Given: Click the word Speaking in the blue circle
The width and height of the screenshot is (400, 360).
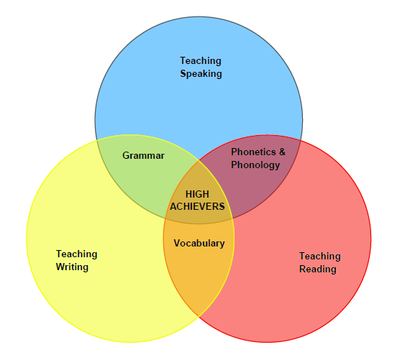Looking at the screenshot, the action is click(x=201, y=74).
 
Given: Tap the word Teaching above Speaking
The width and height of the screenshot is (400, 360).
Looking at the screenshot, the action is click(x=201, y=61).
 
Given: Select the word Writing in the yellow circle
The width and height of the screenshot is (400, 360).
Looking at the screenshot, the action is click(x=72, y=267).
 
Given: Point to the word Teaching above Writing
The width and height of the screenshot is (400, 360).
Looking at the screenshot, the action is click(x=76, y=254).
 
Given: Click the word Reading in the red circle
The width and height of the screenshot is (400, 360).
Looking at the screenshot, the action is click(x=317, y=269).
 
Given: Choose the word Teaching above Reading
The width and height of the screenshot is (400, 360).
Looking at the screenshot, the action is click(x=320, y=257).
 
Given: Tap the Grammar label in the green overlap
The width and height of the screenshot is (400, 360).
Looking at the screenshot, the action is click(x=143, y=155).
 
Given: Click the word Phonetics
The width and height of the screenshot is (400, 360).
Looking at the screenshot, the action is click(x=253, y=152).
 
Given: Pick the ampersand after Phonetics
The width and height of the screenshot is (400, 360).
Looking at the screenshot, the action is click(x=282, y=152).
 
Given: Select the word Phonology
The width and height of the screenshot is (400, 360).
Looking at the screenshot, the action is click(x=255, y=165).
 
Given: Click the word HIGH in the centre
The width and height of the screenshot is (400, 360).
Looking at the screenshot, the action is click(x=197, y=194).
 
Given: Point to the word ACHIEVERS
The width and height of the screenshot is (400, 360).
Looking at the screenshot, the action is click(x=197, y=206).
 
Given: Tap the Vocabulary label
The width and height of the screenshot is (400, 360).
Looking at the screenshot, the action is click(x=199, y=244).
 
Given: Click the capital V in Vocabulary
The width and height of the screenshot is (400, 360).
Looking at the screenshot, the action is click(x=177, y=243).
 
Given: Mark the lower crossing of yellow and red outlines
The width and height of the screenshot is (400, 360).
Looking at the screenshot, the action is click(x=199, y=316).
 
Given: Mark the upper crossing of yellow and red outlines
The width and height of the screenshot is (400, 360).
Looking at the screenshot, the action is click(x=199, y=161).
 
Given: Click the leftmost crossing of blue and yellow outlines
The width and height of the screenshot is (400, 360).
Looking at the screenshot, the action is click(x=97, y=141).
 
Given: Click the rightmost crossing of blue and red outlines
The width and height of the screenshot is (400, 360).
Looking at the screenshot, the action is click(x=300, y=141).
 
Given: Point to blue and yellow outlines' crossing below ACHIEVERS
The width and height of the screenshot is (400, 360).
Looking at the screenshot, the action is click(x=232, y=218).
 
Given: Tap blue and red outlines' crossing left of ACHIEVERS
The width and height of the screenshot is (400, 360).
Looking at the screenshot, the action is click(x=165, y=219).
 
